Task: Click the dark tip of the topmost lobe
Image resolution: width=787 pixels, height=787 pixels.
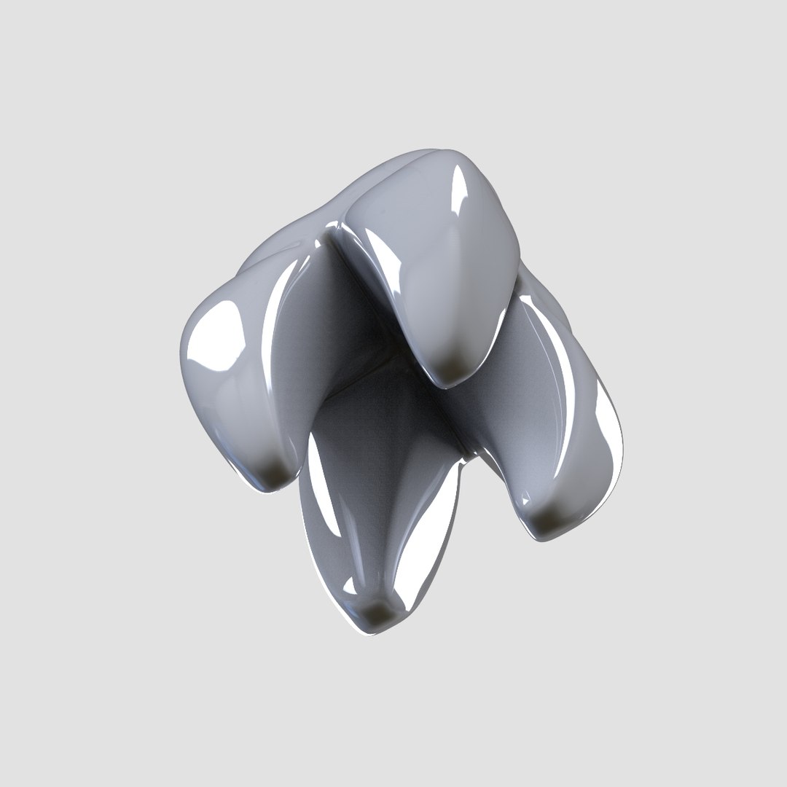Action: [x=453, y=372]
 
